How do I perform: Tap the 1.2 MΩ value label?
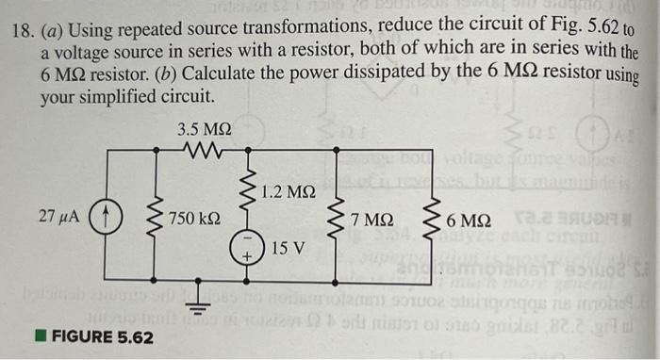pos(288,192)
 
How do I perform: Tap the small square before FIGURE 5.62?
pos(40,336)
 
